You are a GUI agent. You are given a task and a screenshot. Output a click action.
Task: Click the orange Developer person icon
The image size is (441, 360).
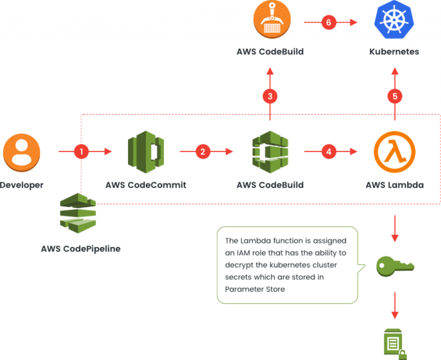[x=22, y=152]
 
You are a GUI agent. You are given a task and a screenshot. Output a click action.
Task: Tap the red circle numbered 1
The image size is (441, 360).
[x=81, y=152]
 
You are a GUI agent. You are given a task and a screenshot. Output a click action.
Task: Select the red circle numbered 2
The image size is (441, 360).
[x=203, y=152]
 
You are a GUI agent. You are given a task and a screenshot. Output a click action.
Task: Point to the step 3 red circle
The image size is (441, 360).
[x=270, y=96]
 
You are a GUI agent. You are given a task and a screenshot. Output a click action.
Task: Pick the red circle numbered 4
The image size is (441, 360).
[x=329, y=152]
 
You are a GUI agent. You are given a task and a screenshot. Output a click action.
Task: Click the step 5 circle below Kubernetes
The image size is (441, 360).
[x=395, y=96]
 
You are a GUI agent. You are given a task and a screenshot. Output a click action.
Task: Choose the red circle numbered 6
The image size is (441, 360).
[x=329, y=22]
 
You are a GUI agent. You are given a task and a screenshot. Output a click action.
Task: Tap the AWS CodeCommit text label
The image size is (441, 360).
[x=146, y=185]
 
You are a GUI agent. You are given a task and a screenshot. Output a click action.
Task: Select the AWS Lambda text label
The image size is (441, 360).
[x=395, y=185]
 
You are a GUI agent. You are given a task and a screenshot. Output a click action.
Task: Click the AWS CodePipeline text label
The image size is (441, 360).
[x=81, y=249]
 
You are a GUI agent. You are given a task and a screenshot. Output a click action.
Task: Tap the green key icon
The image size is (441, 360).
[x=395, y=265]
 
